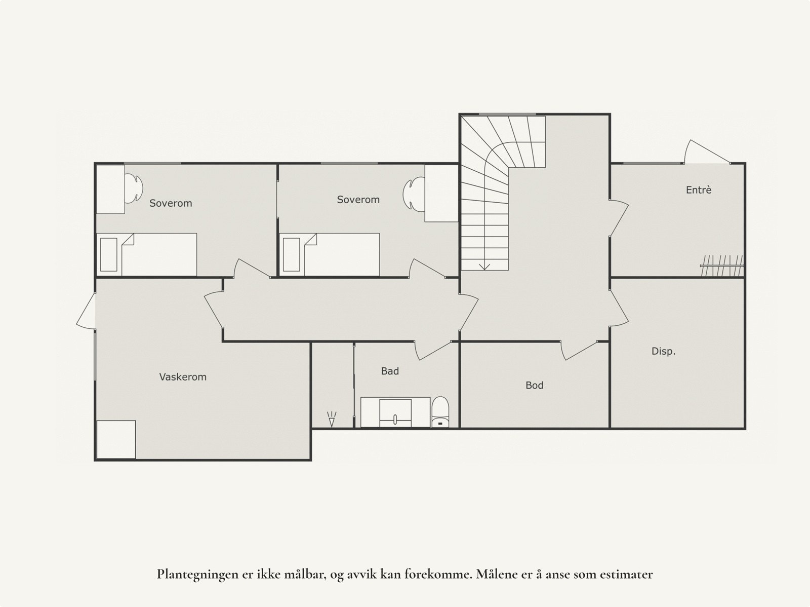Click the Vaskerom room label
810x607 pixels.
(183, 377)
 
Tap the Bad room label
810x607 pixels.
(390, 371)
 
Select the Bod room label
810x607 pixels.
(534, 386)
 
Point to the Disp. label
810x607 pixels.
(663, 351)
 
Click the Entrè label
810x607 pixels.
(699, 190)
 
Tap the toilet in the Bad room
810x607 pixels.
(441, 412)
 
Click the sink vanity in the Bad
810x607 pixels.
(395, 412)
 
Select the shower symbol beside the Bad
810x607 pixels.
(332, 419)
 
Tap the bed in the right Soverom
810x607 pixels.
(330, 254)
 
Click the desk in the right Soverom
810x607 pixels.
(441, 193)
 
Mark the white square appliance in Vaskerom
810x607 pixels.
(116, 439)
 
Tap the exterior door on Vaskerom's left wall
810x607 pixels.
(87, 311)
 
